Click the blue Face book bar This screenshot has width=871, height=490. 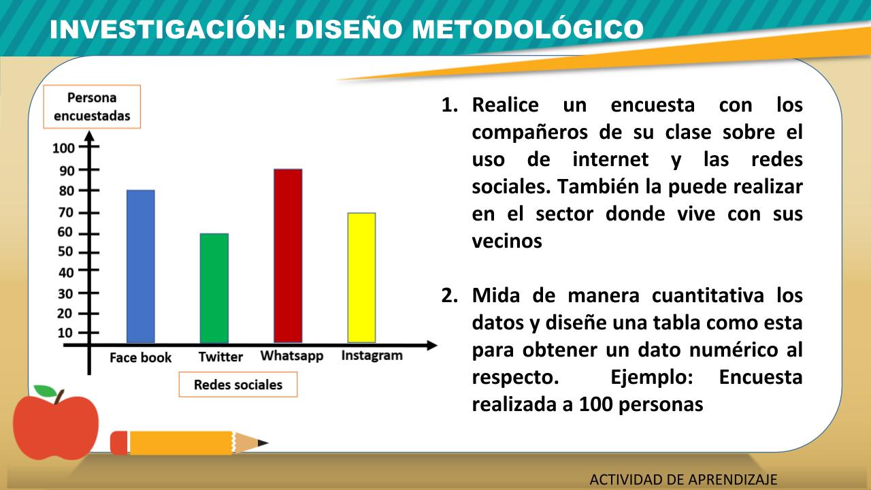(x=141, y=266)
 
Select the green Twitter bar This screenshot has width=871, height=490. (x=214, y=288)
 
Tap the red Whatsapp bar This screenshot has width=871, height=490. (x=288, y=256)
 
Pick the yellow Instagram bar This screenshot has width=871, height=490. (x=361, y=278)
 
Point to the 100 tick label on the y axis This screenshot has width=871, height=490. (x=63, y=148)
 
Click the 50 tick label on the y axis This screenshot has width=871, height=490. (x=65, y=252)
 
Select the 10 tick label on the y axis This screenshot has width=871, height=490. (x=65, y=333)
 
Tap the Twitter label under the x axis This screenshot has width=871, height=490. (x=220, y=357)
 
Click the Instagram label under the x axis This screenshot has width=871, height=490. (x=372, y=356)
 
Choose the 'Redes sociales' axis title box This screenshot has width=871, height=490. (x=238, y=385)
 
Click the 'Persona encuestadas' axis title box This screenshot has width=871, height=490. (x=92, y=107)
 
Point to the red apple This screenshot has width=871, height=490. (x=56, y=426)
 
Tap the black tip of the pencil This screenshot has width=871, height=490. (x=263, y=442)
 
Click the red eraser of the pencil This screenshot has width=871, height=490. (x=119, y=443)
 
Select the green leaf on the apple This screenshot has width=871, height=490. (x=45, y=391)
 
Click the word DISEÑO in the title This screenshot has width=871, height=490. (x=348, y=29)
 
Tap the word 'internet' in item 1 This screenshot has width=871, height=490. (x=610, y=159)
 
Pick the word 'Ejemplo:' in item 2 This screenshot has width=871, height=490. (x=652, y=378)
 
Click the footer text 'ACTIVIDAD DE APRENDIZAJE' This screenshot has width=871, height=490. (x=683, y=480)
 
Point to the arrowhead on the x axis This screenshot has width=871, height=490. (x=432, y=345)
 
